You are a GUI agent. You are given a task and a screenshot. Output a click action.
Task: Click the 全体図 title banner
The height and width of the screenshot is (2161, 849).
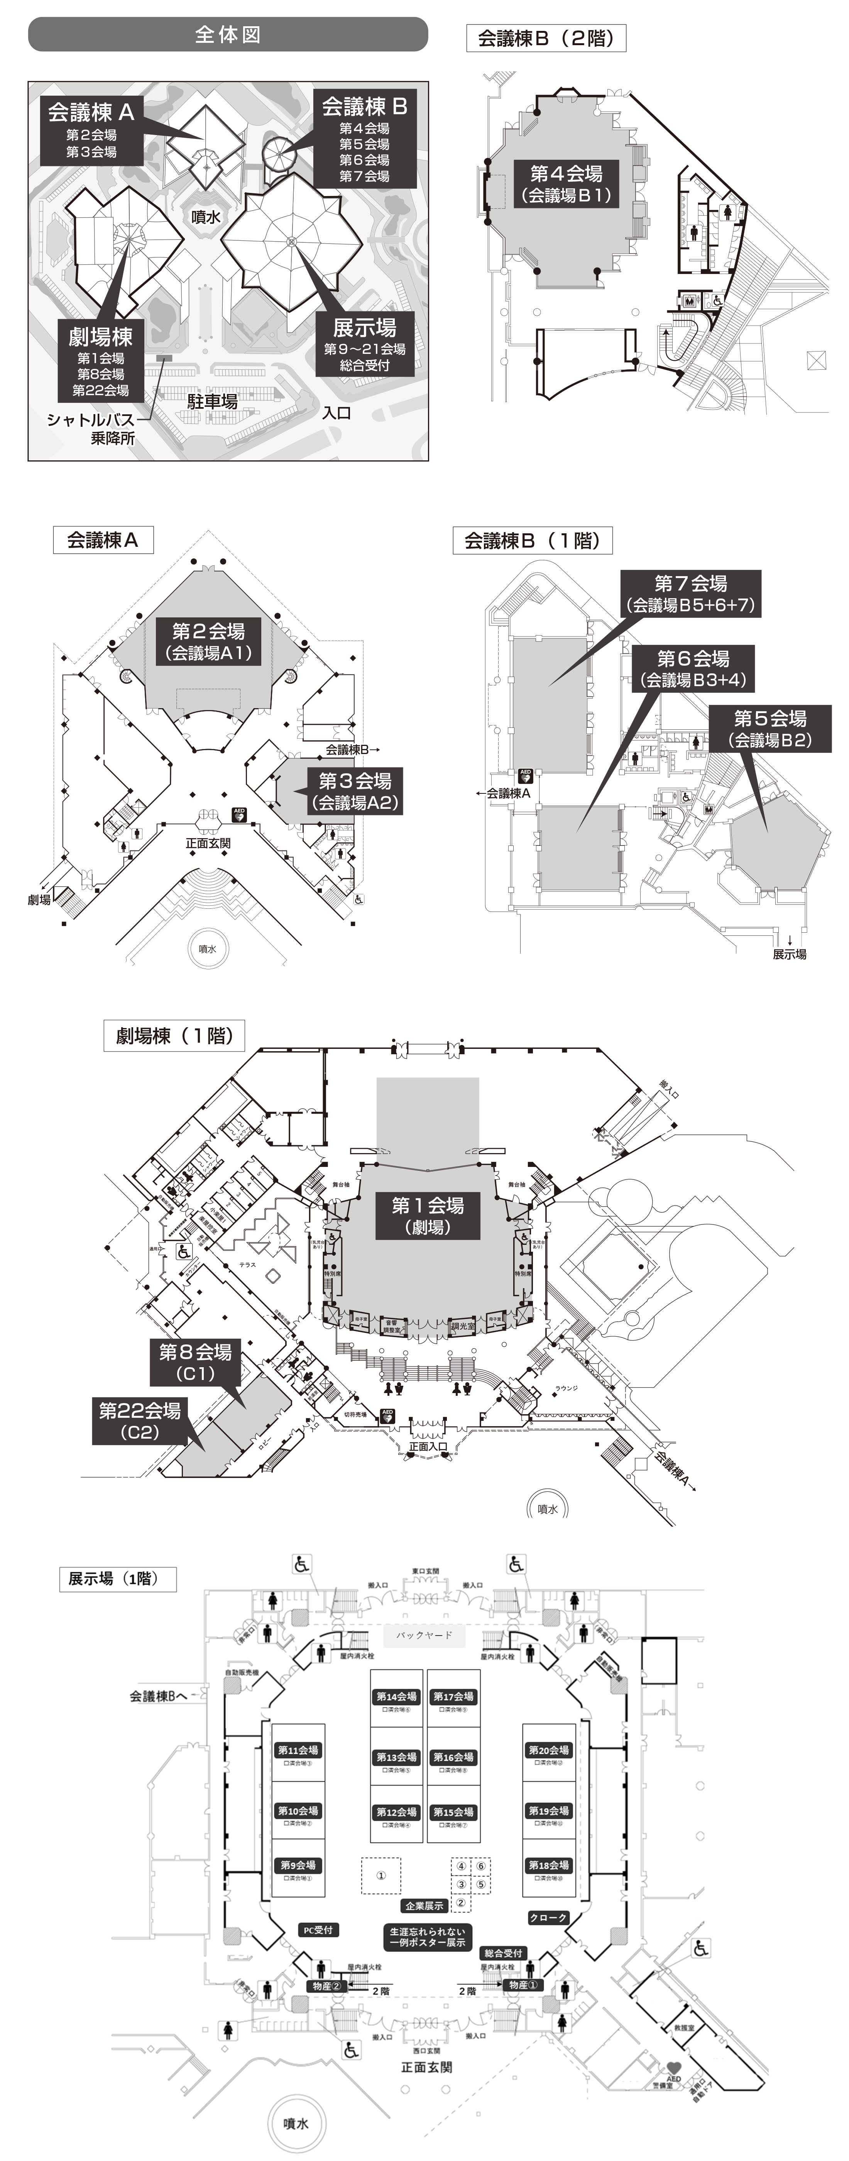coord(227,34)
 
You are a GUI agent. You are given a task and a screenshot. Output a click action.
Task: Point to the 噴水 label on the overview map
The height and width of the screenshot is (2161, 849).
coord(206,216)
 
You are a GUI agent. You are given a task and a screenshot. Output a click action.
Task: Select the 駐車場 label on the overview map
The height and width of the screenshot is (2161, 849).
coord(212,402)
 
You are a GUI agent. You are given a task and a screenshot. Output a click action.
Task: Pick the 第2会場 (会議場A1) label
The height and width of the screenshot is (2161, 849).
coord(208,642)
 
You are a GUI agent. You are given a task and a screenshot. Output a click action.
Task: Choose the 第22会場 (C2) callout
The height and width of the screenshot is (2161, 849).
coord(139,1420)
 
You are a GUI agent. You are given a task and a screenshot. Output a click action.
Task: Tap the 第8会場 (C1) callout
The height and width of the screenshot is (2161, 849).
coord(196,1362)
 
